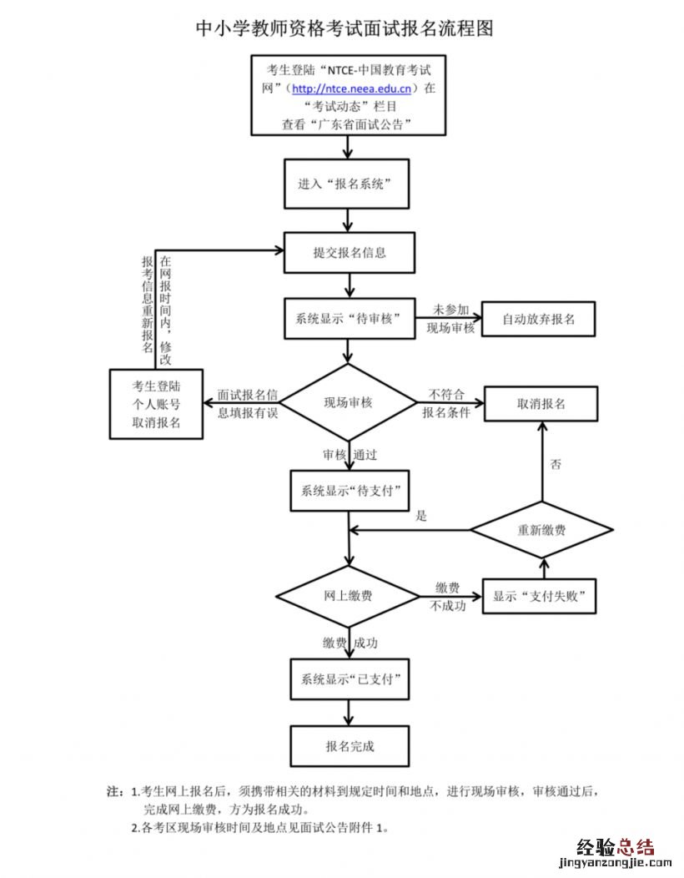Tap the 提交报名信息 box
coord(349,252)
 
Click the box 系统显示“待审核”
coord(349,318)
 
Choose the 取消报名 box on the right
coord(541,403)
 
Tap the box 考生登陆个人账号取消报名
coord(156,404)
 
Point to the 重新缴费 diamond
coord(541,529)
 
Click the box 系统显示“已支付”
coord(349,681)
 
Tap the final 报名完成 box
coord(349,746)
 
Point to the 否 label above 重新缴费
coord(556,463)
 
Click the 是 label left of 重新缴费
coord(422,517)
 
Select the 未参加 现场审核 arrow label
coord(450,319)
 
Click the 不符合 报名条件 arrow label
coord(446,403)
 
